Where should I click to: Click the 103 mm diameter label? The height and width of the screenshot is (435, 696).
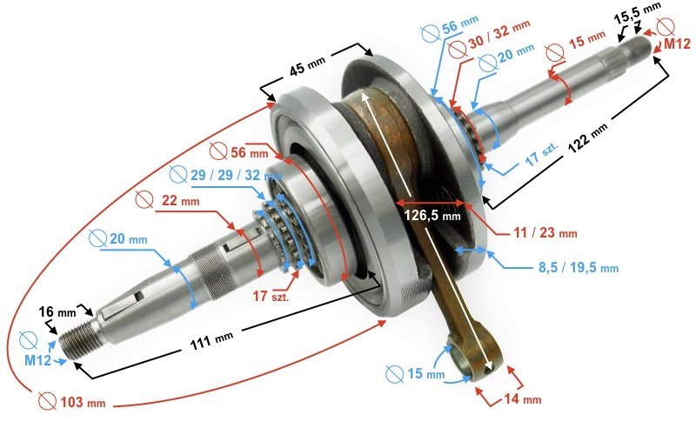84,403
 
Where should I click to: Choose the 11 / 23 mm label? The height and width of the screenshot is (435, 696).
544,233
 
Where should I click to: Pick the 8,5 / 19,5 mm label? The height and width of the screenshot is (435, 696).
575,268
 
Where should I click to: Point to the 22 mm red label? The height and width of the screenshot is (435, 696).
180,201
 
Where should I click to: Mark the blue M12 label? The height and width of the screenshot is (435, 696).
37,360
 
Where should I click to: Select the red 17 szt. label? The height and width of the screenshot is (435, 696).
271,297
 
